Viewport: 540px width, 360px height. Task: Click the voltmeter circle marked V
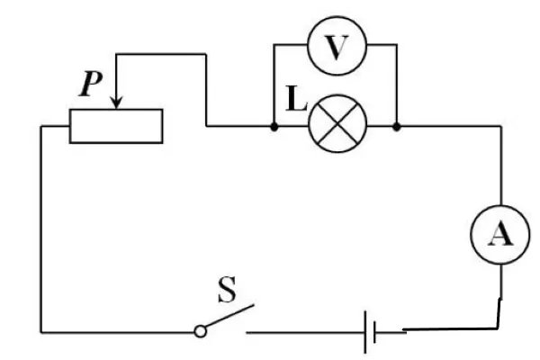[x=335, y=48]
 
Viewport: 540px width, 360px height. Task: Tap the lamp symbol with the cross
[x=335, y=125]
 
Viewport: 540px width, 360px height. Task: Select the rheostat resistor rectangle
[x=116, y=126]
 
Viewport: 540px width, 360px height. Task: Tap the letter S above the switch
[x=229, y=293]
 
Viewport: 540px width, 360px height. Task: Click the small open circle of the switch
[x=201, y=332]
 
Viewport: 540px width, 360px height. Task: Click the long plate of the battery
[x=365, y=332]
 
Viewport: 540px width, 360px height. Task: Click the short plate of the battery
[x=375, y=332]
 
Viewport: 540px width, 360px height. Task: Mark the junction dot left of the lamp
[x=274, y=126]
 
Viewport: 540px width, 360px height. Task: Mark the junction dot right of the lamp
[x=397, y=126]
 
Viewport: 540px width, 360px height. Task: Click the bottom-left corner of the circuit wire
[x=41, y=332]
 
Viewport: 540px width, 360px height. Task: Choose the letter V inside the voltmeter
[x=335, y=48]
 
